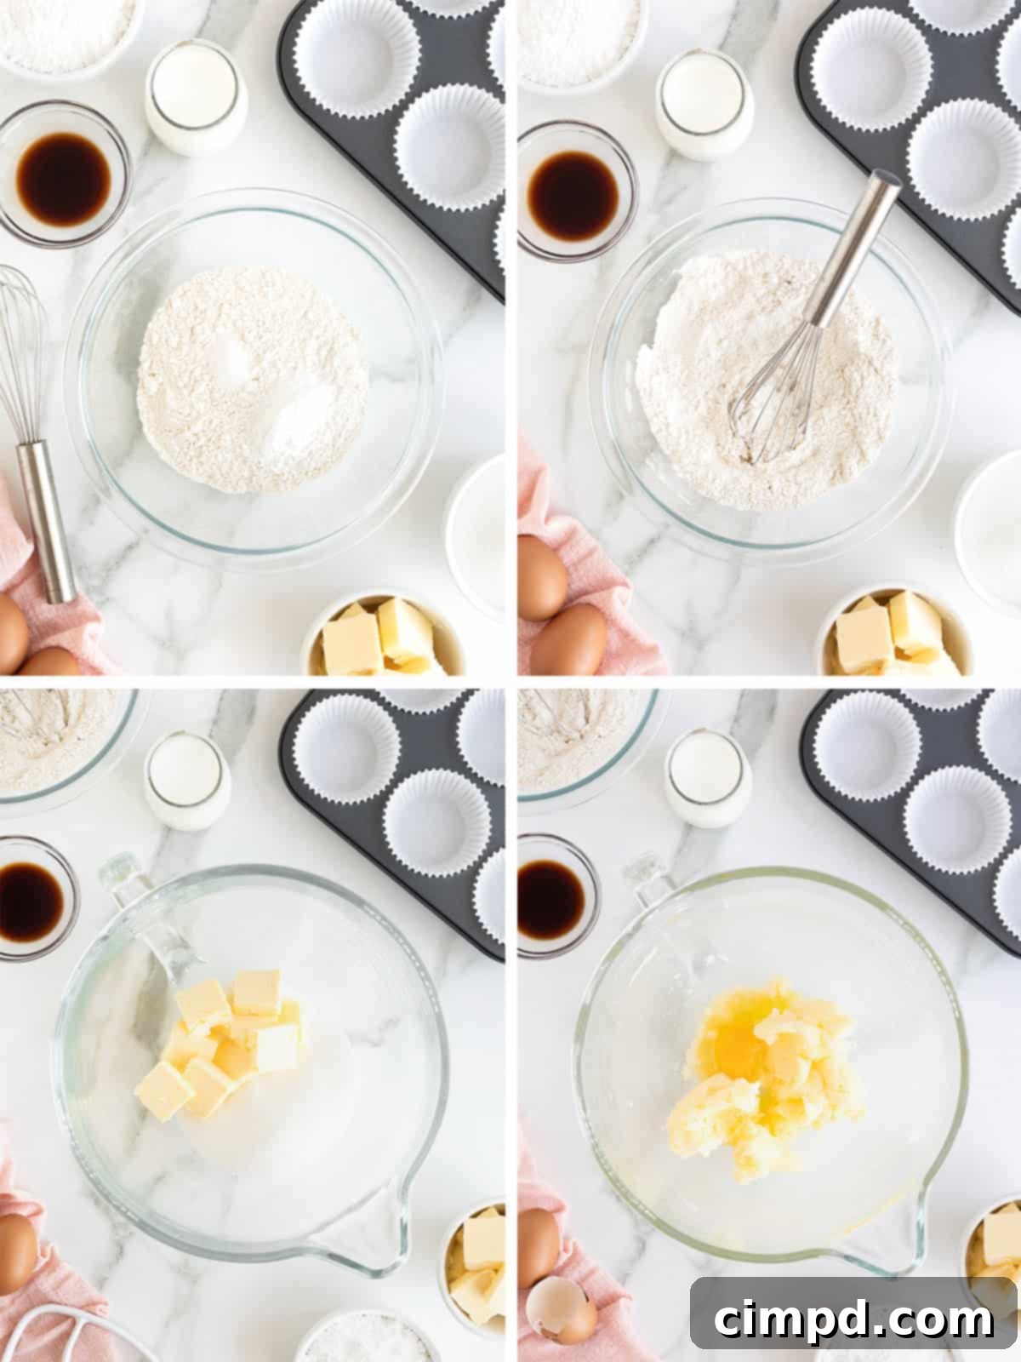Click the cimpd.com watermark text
point(853,1320)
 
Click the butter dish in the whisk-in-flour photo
point(893,634)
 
